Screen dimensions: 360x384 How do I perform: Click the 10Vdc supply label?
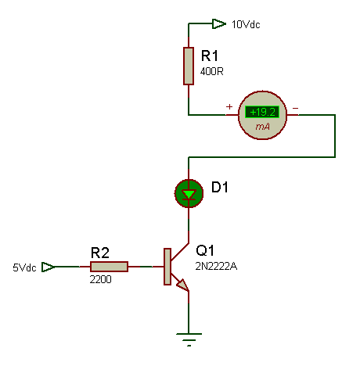tap(246, 24)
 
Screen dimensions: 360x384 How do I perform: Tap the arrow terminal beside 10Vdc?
tap(219, 23)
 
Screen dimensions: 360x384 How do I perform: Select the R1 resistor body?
tap(189, 66)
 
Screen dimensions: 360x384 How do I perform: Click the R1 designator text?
tap(210, 56)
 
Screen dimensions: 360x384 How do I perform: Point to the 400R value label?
tap(212, 71)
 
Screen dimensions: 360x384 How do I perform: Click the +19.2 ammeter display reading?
tap(262, 112)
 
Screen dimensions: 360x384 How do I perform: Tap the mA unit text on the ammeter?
tap(262, 127)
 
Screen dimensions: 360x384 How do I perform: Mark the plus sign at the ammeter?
tap(229, 106)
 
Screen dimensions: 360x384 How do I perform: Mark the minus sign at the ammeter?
tap(295, 108)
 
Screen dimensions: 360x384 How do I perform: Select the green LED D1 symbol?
tap(189, 193)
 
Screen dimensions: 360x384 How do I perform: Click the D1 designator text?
tap(220, 187)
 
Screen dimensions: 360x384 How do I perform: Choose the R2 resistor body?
tap(109, 267)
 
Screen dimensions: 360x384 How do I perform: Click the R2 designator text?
tap(100, 253)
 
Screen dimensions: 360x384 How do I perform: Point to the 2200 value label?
tap(101, 279)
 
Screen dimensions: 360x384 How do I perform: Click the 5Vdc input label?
tap(24, 267)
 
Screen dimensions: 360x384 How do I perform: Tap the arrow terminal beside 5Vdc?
tap(49, 267)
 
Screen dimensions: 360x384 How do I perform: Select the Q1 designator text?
tap(205, 250)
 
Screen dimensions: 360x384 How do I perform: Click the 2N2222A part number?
tap(216, 266)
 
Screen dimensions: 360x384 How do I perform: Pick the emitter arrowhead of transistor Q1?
tap(183, 285)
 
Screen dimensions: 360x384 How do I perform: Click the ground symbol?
tap(189, 339)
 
